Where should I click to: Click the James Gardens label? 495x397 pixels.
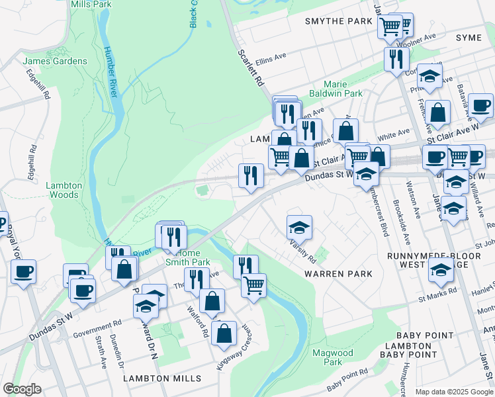pos(55,62)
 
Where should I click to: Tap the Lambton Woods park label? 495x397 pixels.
pos(64,191)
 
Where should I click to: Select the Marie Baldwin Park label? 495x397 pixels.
pos(345,89)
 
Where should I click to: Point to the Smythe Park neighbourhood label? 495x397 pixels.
pos(339,21)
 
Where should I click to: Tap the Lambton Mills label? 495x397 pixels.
pos(162,378)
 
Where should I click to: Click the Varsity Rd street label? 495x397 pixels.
pos(302,252)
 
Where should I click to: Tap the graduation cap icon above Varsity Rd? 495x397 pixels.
pos(299,227)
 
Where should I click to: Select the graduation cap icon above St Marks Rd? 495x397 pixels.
pos(441,269)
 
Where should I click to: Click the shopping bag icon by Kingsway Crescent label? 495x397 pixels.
pos(225,335)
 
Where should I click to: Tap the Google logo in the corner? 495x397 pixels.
pos(22,389)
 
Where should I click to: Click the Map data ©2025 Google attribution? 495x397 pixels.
pos(455,392)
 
